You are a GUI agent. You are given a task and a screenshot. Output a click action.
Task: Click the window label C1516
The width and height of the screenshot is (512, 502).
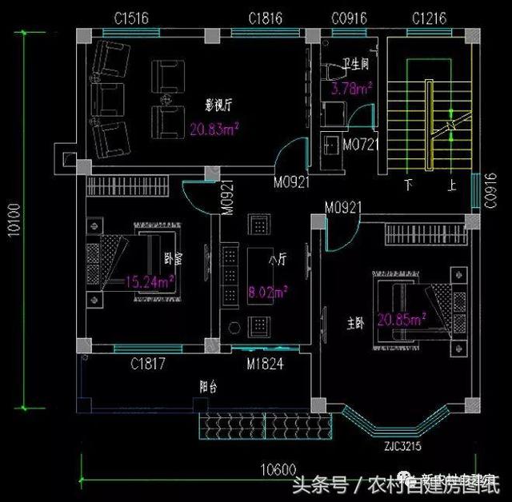pos(130,17)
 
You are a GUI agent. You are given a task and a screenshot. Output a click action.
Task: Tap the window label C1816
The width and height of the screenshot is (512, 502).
pos(264,17)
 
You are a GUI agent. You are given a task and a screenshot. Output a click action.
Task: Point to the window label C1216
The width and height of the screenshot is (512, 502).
pos(429,17)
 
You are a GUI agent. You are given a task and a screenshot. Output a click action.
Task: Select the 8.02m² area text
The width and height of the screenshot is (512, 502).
pos(267,293)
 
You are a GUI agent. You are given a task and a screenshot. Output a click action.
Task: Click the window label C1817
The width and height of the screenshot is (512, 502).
pos(148,365)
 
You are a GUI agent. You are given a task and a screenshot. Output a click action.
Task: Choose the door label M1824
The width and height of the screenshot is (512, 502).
pos(265,365)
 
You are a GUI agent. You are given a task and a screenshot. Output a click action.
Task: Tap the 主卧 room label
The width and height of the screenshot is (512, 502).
pos(354,324)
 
